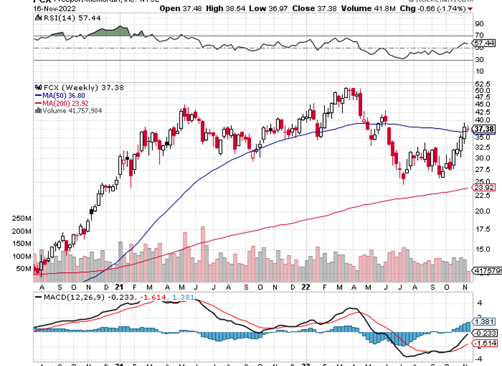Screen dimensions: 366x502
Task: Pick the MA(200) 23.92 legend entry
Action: pos(60,102)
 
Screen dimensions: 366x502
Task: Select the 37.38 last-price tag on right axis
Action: pos(485,128)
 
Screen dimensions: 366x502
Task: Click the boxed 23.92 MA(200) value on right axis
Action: pos(483,188)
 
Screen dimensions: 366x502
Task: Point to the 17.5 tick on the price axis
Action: pos(482,229)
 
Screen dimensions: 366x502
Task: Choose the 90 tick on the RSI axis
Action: pos(479,24)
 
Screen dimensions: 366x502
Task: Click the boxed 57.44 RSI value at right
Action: pos(484,43)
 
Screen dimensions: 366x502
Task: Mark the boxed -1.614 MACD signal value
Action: pos(485,344)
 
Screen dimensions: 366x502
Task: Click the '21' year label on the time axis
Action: pos(119,287)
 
